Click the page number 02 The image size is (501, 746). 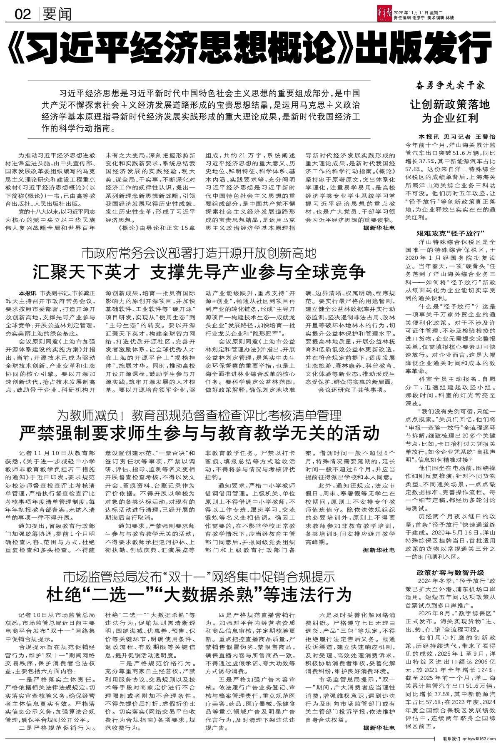23,15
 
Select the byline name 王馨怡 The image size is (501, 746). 484,137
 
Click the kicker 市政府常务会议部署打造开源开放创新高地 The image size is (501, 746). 199,253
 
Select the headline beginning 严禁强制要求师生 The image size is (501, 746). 199,433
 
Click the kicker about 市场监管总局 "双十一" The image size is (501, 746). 199,577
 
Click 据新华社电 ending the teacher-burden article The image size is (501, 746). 378,550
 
